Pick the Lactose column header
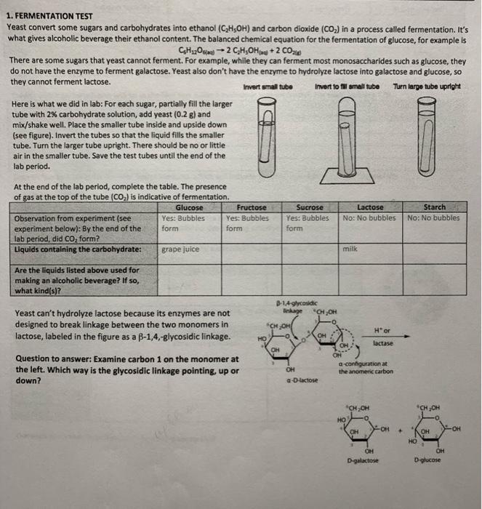371,207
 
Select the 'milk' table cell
352,249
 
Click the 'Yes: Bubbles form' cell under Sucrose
308,222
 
